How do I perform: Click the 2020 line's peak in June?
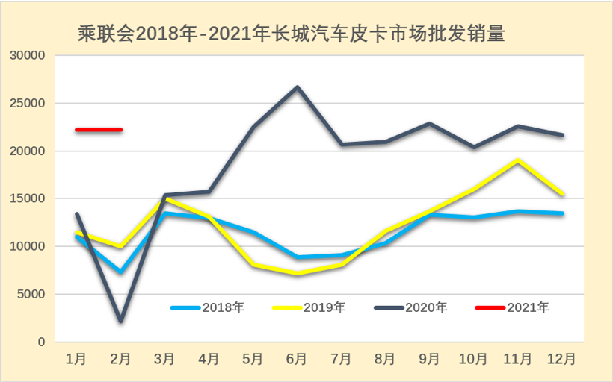[297, 87]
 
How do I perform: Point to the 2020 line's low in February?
[120, 321]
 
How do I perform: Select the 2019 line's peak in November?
[517, 160]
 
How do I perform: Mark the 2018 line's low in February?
[120, 272]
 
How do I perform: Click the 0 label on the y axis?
[42, 342]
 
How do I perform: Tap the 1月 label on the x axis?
[76, 360]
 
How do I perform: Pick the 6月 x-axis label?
[297, 360]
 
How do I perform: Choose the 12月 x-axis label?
[561, 360]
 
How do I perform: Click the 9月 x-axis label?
[429, 360]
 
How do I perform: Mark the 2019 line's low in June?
[297, 274]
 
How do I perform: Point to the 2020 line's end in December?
[561, 135]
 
